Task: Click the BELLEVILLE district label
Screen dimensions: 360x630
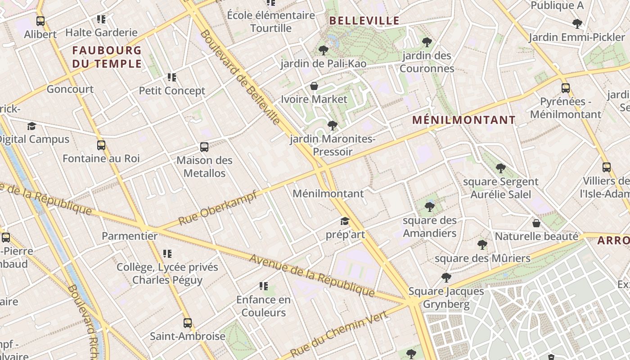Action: (x=364, y=20)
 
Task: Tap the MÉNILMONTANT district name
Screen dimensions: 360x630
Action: (x=464, y=120)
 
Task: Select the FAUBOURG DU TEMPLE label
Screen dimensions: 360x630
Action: (x=107, y=57)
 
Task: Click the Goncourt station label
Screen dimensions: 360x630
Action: (x=70, y=89)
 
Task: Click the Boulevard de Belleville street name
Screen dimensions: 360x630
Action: (x=240, y=77)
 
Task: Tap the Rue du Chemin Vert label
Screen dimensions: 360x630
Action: (x=338, y=333)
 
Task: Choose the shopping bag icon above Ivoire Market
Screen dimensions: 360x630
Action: (x=314, y=86)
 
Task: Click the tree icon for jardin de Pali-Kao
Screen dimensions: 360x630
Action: (x=323, y=50)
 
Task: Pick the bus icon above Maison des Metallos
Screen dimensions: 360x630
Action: (x=204, y=147)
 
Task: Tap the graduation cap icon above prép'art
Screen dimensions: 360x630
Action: (x=345, y=221)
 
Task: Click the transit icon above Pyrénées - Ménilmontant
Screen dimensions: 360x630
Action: (x=566, y=88)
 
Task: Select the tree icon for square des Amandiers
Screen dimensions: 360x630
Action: (x=430, y=207)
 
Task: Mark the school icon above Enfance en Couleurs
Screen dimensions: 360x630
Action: (x=264, y=286)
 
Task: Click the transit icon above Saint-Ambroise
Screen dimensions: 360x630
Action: (x=188, y=323)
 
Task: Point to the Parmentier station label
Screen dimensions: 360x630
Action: (x=130, y=236)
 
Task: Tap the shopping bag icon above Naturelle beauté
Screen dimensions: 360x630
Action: (x=536, y=223)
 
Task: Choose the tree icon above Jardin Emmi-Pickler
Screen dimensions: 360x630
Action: (x=577, y=24)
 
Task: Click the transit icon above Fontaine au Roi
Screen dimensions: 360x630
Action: (x=101, y=145)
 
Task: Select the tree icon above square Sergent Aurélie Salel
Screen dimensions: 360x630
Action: (x=500, y=168)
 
